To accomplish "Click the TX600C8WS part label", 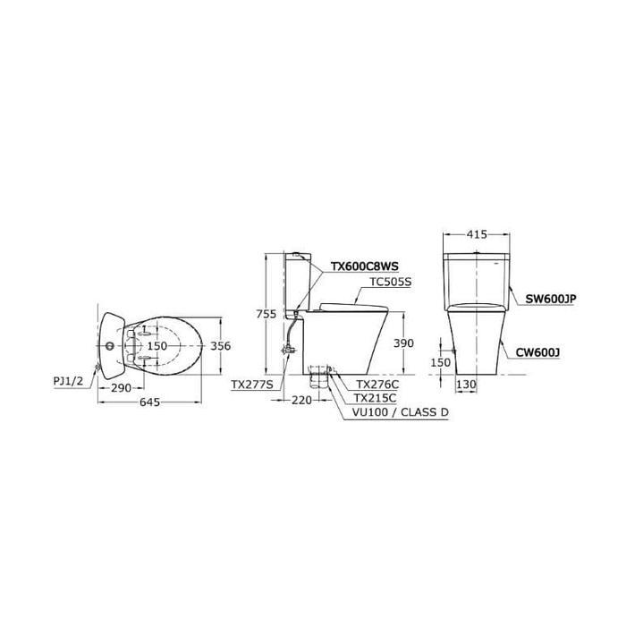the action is point(364,266).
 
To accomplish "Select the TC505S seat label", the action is point(391,282).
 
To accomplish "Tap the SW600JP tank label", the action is point(551,299).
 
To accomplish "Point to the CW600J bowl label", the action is point(537,352).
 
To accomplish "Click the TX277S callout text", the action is point(252,385).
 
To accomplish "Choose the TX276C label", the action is point(377,384).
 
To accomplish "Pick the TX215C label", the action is point(375,398).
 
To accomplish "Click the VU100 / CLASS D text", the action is point(401,412).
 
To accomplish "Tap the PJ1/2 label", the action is point(68,381).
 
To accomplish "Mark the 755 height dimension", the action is point(266,314).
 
